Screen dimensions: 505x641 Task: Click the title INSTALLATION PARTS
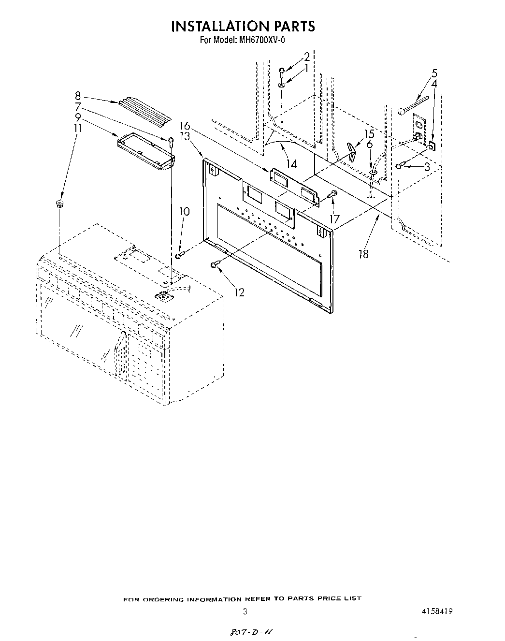tap(243, 26)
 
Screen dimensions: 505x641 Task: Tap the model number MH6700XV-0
tap(261, 41)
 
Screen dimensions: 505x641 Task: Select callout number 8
tap(78, 96)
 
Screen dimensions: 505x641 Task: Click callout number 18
tap(363, 254)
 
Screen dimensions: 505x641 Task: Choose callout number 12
tap(239, 292)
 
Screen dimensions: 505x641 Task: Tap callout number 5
tap(434, 73)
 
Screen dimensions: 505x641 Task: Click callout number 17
tap(335, 219)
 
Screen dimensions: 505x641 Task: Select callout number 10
tap(185, 211)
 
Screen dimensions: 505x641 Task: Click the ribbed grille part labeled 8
tap(143, 109)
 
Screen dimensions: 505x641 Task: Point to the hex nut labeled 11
tap(59, 203)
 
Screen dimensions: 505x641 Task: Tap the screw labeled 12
tap(215, 264)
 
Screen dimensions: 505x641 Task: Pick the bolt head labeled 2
tap(282, 71)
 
